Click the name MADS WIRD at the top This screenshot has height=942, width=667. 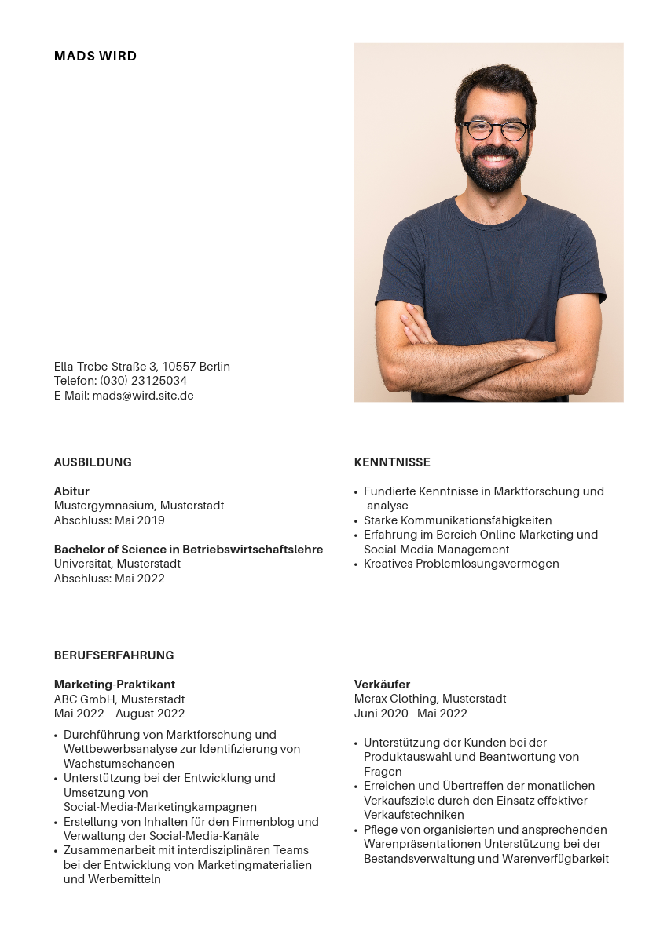(x=95, y=57)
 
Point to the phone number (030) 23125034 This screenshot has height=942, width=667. (x=143, y=381)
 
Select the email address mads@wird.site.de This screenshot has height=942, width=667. (x=143, y=396)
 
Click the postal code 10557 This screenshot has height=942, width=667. (x=179, y=367)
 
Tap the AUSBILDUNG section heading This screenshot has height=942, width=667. (x=93, y=462)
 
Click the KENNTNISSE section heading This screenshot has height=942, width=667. (x=392, y=462)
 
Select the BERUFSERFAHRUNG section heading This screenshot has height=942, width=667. (x=114, y=655)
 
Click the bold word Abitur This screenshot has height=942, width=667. (x=71, y=491)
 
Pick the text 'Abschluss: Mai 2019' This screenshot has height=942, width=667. (x=109, y=520)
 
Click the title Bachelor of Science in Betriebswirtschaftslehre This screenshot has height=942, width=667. (x=189, y=549)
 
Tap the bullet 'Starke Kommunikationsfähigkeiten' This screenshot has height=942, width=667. (x=457, y=520)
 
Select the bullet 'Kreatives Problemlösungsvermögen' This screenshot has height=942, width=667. (x=461, y=564)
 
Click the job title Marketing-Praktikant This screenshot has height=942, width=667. (x=115, y=685)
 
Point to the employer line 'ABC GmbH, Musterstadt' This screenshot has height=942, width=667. (x=119, y=699)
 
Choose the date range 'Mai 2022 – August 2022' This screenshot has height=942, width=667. (x=119, y=714)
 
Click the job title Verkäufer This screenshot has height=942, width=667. (x=382, y=685)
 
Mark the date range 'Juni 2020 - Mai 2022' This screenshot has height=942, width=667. (x=410, y=714)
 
